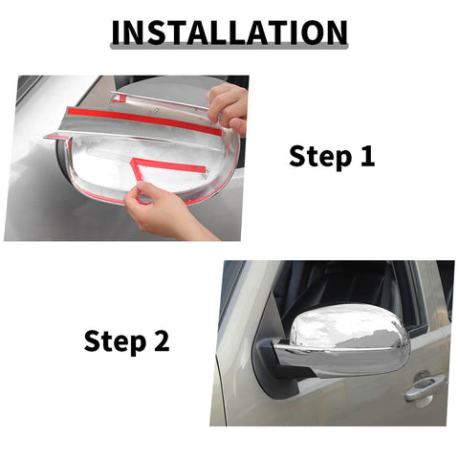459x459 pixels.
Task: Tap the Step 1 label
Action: pos(332,157)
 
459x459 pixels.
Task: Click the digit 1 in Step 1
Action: pos(366,157)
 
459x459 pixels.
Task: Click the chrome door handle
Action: pos(424,387)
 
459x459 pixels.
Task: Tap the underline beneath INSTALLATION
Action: pos(229,49)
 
